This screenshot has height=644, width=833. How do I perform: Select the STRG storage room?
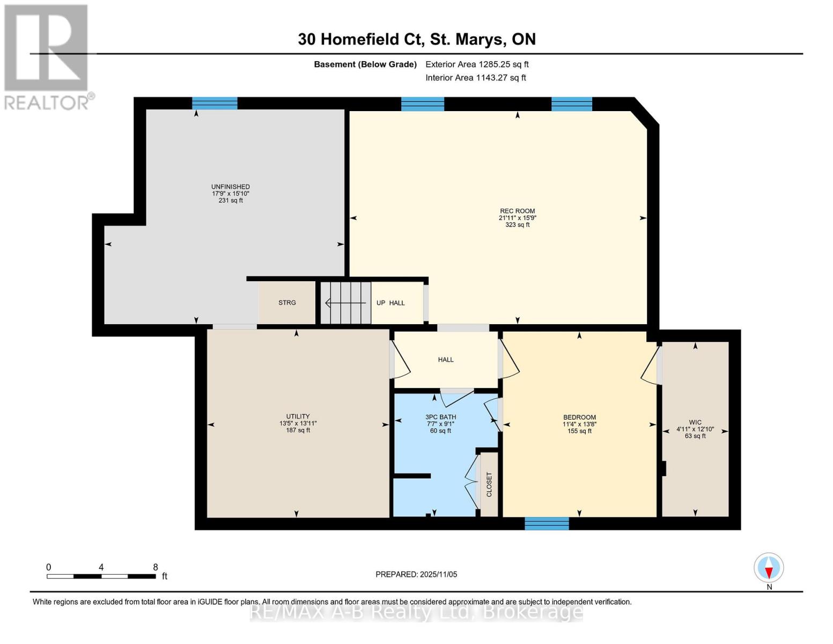click(x=287, y=303)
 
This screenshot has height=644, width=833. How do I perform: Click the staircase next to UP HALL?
click(x=346, y=303)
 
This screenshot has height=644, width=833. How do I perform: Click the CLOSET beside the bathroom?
click(x=489, y=485)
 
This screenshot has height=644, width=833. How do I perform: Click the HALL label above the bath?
click(x=446, y=360)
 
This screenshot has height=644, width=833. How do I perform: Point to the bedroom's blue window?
click(x=547, y=523)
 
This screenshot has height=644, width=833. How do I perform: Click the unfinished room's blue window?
click(x=215, y=103)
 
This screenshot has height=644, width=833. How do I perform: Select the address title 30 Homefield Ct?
click(x=416, y=39)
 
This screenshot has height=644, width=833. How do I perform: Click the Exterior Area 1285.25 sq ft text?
click(x=477, y=64)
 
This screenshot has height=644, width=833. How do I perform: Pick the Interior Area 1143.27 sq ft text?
click(x=475, y=78)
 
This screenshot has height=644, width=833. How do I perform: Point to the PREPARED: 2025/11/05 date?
click(x=416, y=574)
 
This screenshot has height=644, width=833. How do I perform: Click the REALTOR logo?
click(x=47, y=57)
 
